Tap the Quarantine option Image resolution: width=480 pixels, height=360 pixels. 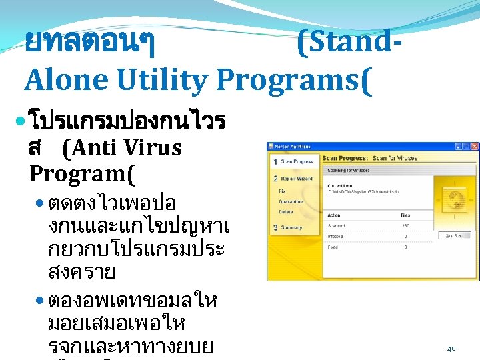(291, 201)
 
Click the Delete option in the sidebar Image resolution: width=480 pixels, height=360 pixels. (285, 212)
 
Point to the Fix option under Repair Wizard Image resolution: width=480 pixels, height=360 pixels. (282, 191)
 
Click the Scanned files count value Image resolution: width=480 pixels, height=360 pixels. (405, 225)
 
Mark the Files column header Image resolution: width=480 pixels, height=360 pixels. (405, 215)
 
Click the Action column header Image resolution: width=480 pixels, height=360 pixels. (334, 215)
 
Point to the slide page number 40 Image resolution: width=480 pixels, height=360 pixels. (451, 348)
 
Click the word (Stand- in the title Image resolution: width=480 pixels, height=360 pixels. (349, 44)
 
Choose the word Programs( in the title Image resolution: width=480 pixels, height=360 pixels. (291, 81)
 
